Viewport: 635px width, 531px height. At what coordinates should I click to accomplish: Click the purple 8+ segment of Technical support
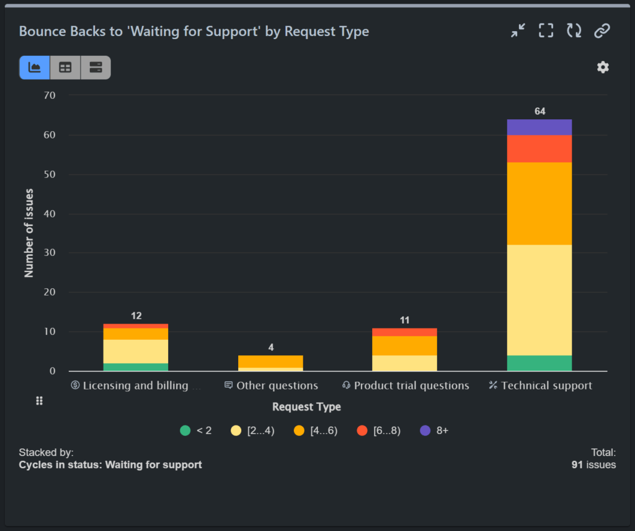tap(539, 127)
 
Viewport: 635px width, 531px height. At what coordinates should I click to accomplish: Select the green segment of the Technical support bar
tap(539, 363)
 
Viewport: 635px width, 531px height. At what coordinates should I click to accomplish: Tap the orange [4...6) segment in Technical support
tap(539, 204)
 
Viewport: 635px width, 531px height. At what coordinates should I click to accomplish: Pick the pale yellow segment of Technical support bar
tap(539, 300)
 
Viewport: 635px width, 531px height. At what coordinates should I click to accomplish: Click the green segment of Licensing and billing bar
tap(136, 367)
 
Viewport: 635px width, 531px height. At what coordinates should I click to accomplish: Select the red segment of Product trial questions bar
tap(404, 332)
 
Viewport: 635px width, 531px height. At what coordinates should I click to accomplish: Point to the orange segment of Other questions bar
tap(270, 361)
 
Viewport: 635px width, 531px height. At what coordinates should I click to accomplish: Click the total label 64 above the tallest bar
tap(540, 111)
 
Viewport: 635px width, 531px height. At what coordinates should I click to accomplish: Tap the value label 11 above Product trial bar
tap(404, 320)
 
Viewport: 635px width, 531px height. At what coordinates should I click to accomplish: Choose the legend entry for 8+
tap(434, 430)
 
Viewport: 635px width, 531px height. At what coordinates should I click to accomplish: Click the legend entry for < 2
tap(196, 430)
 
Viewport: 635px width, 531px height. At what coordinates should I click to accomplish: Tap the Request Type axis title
tap(306, 407)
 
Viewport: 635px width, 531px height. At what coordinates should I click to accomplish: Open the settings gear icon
tap(603, 67)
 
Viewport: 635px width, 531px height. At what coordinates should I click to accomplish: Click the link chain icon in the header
tap(602, 31)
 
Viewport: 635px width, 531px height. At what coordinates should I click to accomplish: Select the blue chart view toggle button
tap(35, 68)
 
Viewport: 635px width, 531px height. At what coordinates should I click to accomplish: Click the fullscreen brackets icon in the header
tap(546, 31)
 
